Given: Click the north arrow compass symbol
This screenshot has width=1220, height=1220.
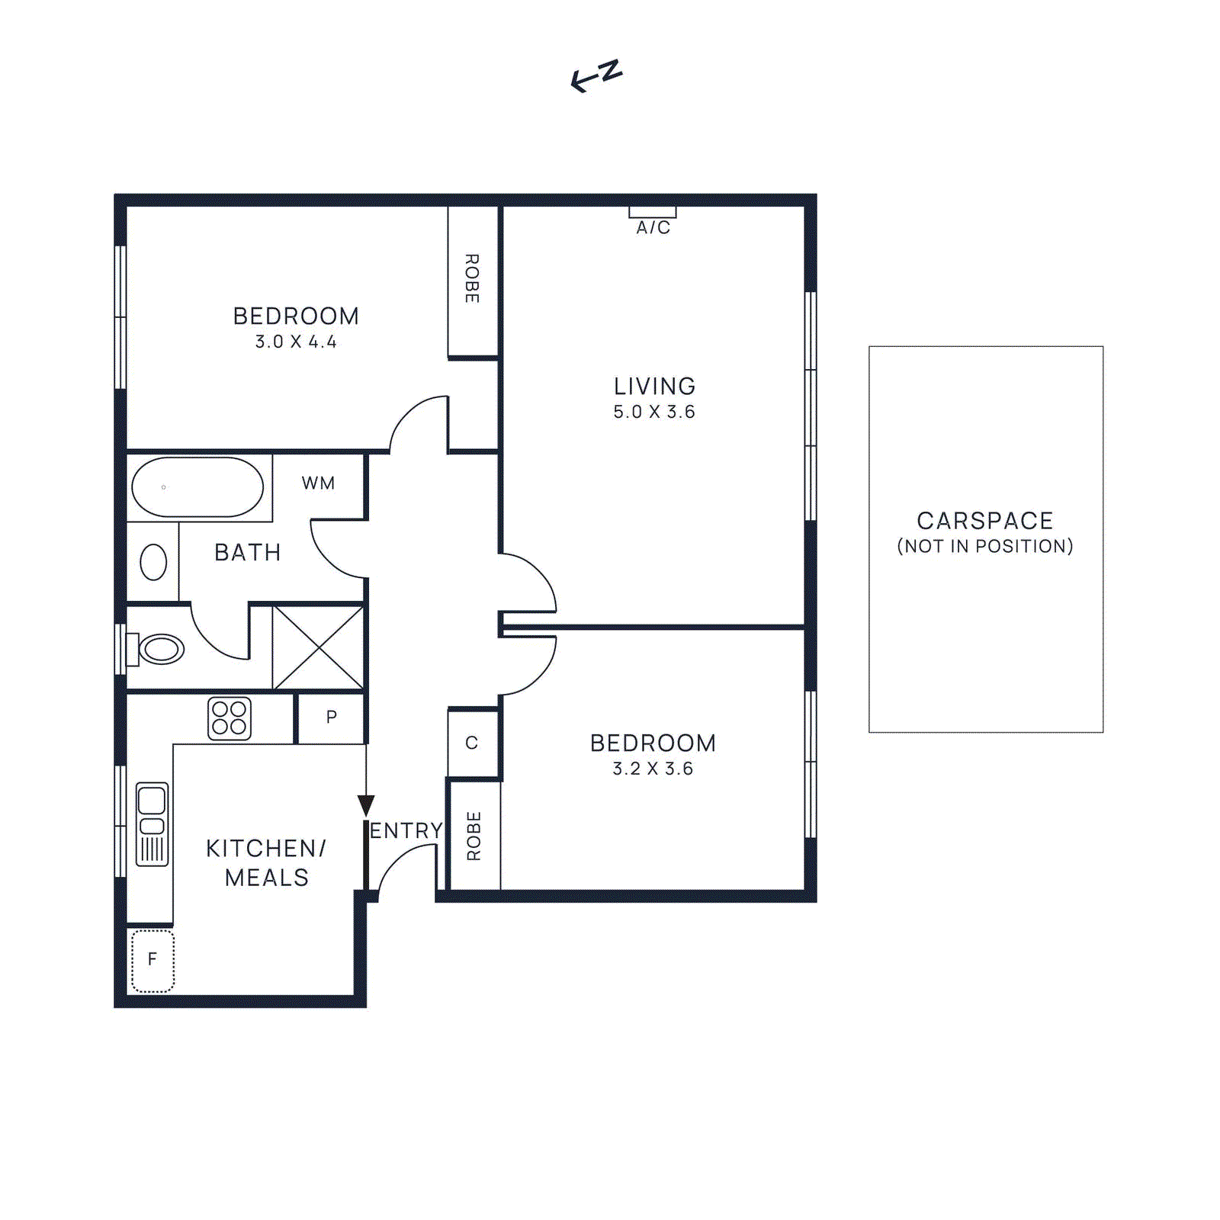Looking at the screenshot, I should [x=596, y=75].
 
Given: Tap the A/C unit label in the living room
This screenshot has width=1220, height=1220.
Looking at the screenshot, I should [x=653, y=227].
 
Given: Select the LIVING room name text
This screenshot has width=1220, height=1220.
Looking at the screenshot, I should [x=654, y=386].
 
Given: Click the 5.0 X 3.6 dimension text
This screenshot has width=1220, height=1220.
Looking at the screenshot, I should [x=654, y=412].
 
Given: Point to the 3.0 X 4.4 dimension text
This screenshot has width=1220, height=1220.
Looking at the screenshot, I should [x=296, y=342].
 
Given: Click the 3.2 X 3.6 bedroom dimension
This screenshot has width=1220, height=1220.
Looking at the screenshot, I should [x=653, y=769].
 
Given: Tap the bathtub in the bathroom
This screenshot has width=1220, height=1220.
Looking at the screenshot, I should [x=197, y=487].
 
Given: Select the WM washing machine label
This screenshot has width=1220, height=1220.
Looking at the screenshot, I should [x=318, y=483].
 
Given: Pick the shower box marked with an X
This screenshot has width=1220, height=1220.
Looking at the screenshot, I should [x=318, y=647].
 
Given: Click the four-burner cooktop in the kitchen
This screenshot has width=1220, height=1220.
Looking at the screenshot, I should [x=230, y=718].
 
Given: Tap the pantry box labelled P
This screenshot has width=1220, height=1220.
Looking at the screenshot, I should [x=331, y=718].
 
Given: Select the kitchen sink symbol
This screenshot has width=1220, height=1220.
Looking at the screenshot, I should [x=152, y=824].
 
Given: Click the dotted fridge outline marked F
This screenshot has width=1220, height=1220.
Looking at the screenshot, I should [x=152, y=960].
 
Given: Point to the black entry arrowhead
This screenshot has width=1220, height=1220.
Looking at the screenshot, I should [x=366, y=805].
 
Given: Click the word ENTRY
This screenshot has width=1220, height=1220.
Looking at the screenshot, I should [x=406, y=830].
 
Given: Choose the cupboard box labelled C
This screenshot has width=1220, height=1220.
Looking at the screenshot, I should [x=472, y=743].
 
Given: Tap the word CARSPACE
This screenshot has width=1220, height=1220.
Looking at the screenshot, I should [x=984, y=521].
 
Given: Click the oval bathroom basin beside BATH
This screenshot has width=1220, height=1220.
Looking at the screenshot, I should [x=153, y=563].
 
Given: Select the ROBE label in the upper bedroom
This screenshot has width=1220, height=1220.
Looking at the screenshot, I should [x=472, y=278].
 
